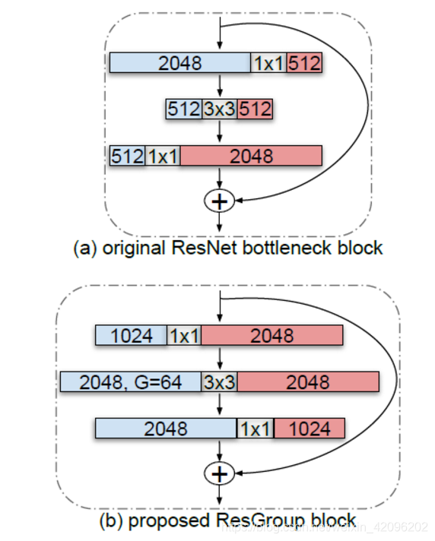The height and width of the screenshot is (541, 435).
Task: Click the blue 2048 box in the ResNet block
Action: click(x=180, y=63)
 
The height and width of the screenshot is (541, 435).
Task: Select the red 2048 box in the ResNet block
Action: click(x=251, y=156)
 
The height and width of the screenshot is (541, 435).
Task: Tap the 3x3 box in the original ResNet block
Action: click(x=219, y=109)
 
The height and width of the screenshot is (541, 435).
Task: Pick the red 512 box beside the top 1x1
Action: click(x=304, y=63)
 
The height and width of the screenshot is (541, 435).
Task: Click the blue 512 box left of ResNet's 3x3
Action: click(x=183, y=109)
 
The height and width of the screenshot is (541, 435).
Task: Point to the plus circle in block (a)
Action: click(x=219, y=201)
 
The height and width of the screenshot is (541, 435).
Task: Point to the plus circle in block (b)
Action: click(x=219, y=474)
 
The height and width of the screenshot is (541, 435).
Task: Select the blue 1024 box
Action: click(x=131, y=336)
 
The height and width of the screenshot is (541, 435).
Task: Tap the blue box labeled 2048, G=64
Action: click(x=129, y=382)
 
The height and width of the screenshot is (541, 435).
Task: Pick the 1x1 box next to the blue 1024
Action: click(x=185, y=336)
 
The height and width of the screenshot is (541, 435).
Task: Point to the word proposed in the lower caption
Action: click(x=173, y=520)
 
